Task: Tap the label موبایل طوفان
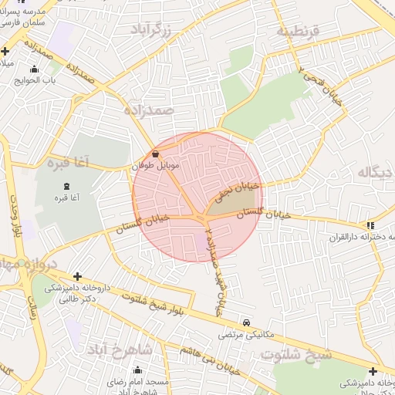pyautogui.click(x=160, y=165)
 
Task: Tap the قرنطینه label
pyautogui.click(x=297, y=32)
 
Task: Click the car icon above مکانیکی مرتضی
pyautogui.click(x=245, y=322)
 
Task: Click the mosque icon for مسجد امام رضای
pyautogui.click(x=137, y=370)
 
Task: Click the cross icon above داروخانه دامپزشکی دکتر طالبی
pyautogui.click(x=77, y=276)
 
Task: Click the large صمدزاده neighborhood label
pyautogui.click(x=149, y=110)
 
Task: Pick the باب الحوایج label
pyautogui.click(x=39, y=79)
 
